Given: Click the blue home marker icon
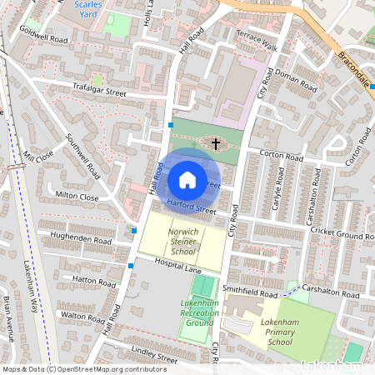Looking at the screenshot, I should tap(187, 180).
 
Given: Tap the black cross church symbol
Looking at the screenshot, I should tap(216, 144).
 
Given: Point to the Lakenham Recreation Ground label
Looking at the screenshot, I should tap(200, 312).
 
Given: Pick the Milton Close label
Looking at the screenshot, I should tap(77, 197).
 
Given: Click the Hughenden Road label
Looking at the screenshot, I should tap(80, 239).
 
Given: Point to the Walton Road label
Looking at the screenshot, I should tap(82, 317).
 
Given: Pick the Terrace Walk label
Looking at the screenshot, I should tap(256, 42).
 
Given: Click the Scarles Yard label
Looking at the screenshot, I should tap(88, 9).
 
